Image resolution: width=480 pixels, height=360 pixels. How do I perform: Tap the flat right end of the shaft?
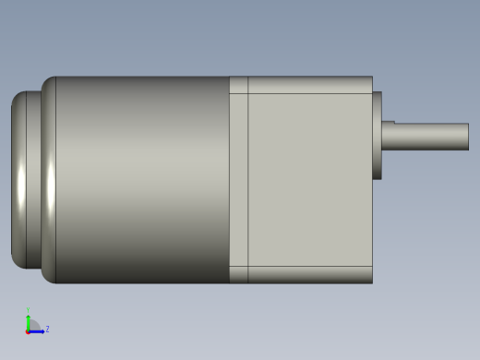coord(468,137)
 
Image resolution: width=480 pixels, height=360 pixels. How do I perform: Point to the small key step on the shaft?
coord(388,122)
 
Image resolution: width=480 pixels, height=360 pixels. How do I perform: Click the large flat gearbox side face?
coord(309,180)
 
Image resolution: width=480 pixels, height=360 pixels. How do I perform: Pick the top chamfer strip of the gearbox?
coord(309,84)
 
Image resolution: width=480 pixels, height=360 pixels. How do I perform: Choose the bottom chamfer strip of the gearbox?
coord(309,274)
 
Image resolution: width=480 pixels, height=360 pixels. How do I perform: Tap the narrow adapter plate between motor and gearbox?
coord(238,180)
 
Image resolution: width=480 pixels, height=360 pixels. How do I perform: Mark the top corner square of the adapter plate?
coord(238,85)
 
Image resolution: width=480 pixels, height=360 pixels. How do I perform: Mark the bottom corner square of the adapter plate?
coord(238,274)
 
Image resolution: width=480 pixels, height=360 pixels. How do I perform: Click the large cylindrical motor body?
coord(143,180)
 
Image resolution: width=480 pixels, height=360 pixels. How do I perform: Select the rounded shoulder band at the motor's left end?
coord(48,180)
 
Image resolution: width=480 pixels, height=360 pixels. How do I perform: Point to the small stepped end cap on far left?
coord(19,180)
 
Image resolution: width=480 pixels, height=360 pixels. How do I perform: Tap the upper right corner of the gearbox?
coord(371,78)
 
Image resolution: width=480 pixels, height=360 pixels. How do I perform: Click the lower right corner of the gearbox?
coord(371,282)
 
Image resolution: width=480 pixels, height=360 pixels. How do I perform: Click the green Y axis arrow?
coord(29,320)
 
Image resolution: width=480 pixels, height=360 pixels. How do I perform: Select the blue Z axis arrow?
coord(38,330)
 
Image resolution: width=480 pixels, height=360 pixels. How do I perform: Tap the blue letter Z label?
coord(47,329)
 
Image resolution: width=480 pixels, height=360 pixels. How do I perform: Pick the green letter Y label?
coord(29,311)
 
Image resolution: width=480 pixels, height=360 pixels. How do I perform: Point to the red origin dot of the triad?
coord(29,330)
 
